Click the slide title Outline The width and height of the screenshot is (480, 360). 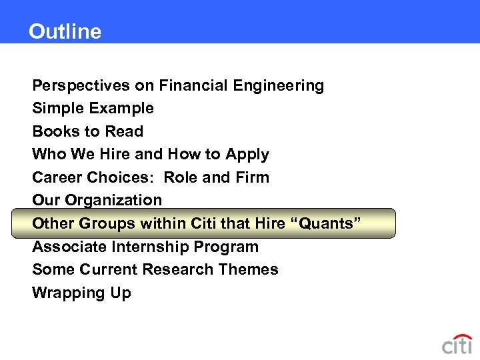(65, 31)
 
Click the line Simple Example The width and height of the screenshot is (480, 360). (93, 108)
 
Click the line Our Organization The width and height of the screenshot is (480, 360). (97, 200)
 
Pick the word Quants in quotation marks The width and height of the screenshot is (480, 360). (327, 223)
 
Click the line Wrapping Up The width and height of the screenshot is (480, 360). (81, 293)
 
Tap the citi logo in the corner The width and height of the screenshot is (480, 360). (457, 345)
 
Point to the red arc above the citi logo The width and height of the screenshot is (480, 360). (461, 336)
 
